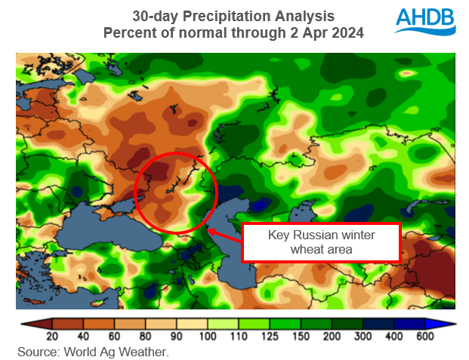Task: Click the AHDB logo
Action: tap(425, 23)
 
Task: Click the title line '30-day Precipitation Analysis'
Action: tap(233, 16)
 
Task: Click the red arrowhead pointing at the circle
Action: tap(209, 231)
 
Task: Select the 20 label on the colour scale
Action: tap(53, 336)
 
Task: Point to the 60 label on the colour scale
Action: tap(113, 336)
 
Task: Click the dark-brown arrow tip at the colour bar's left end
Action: tap(24, 323)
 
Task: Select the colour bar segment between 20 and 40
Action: tap(68, 323)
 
